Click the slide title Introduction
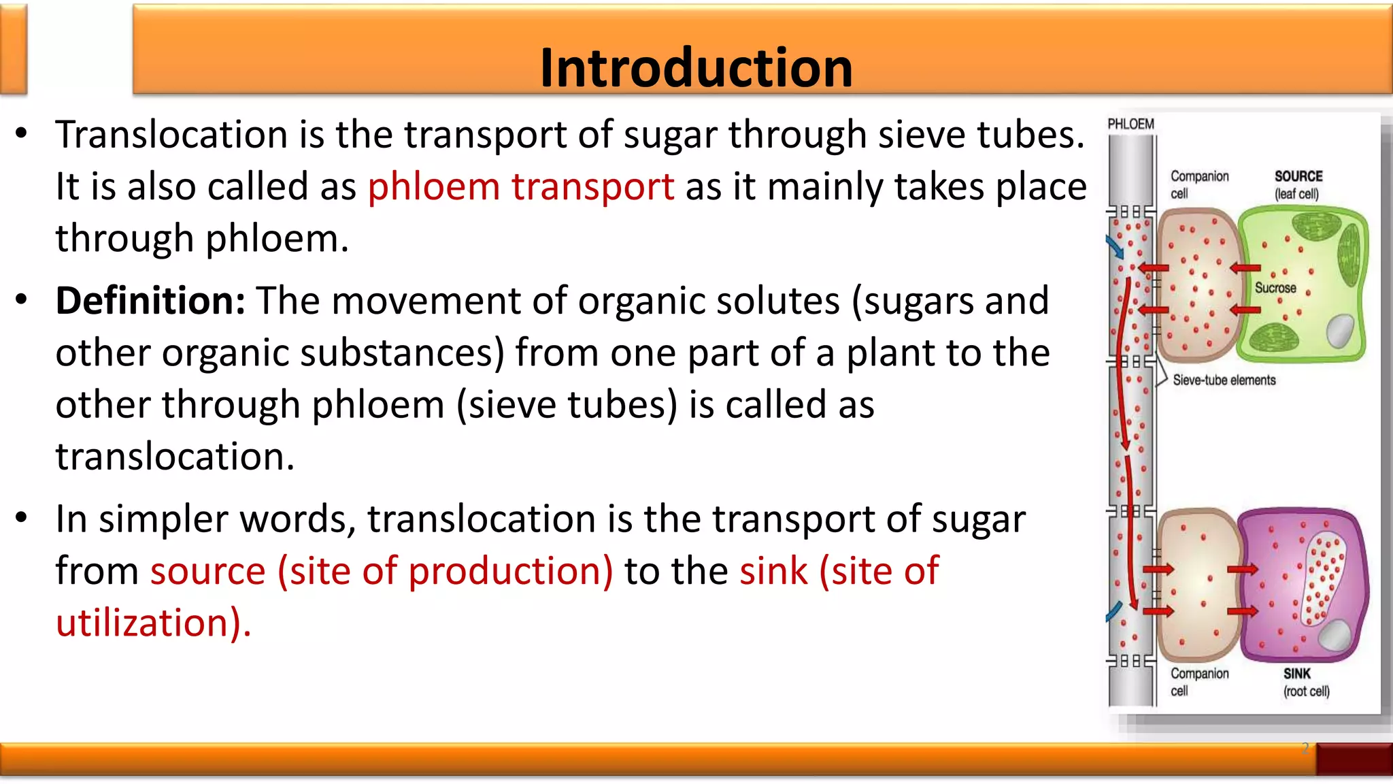(696, 68)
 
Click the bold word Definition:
(150, 301)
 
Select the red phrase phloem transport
(521, 186)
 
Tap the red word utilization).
(154, 623)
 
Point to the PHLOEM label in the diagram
(1130, 124)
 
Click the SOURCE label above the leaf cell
(1298, 176)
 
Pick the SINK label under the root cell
(1297, 674)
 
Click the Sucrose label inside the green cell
(1275, 288)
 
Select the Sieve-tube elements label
(1224, 380)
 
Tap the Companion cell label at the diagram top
(1199, 184)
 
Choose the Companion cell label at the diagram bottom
(1199, 682)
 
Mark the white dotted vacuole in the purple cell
(1322, 578)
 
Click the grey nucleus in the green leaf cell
(1341, 331)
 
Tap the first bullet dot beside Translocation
(22, 133)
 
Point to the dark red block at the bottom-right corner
(1354, 759)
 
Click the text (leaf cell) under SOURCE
(1296, 194)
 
